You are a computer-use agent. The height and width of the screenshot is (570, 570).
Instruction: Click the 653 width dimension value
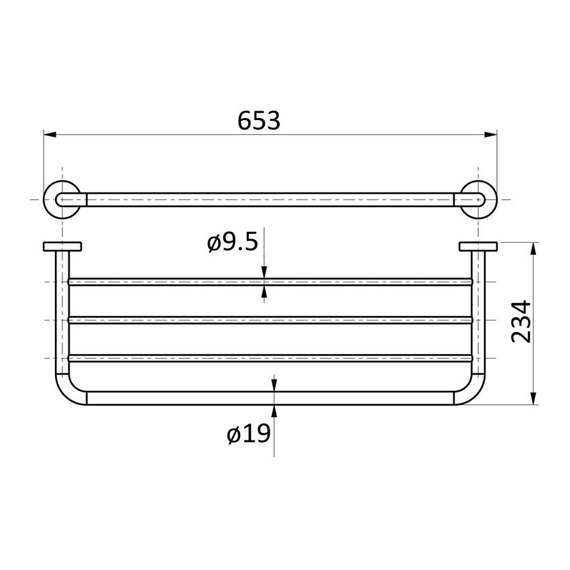click(259, 121)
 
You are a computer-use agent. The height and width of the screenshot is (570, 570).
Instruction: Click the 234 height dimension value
click(522, 321)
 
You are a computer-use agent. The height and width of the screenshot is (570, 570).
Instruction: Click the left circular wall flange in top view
click(62, 199)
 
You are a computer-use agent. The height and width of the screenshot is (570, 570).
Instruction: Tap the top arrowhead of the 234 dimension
click(534, 248)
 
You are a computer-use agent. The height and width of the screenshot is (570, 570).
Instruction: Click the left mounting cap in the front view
click(62, 246)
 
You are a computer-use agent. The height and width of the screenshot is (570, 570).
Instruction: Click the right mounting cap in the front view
click(477, 246)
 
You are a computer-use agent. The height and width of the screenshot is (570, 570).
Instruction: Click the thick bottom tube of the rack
click(201, 398)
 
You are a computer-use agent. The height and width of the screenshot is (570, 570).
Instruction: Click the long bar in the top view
click(268, 199)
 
